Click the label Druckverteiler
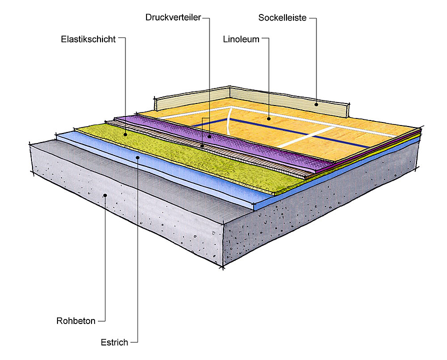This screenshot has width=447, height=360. click(173, 17)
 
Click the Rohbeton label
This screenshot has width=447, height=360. click(75, 321)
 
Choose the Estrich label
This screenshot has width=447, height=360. click(114, 342)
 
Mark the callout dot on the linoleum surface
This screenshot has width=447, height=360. click(269, 119)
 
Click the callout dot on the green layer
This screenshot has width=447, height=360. click(125, 134)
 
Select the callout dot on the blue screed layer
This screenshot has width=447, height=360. click(137, 157)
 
